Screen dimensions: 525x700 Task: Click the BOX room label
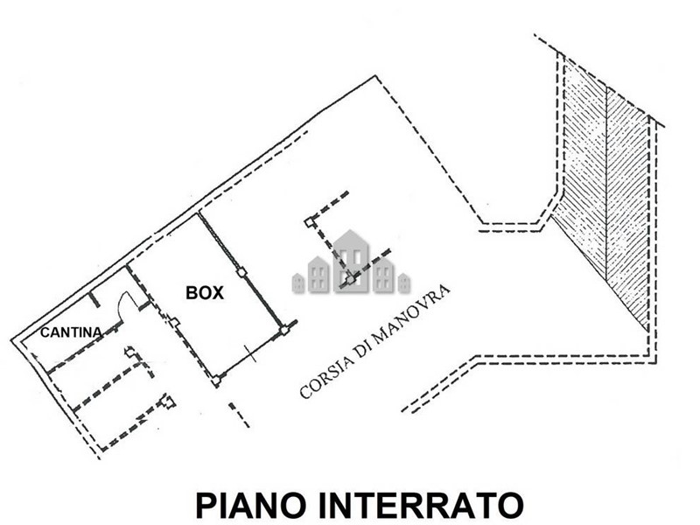coord(205,294)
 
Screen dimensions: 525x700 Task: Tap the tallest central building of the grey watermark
coord(351,260)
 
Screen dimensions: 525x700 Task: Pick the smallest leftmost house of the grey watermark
coord(297,283)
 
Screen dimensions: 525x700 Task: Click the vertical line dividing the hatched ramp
coord(606,184)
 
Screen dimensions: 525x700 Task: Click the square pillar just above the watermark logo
coord(309,222)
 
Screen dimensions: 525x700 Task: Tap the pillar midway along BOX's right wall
coord(241,272)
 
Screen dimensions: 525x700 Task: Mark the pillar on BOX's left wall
coord(173,324)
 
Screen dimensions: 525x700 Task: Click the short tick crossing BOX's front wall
coord(250,355)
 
